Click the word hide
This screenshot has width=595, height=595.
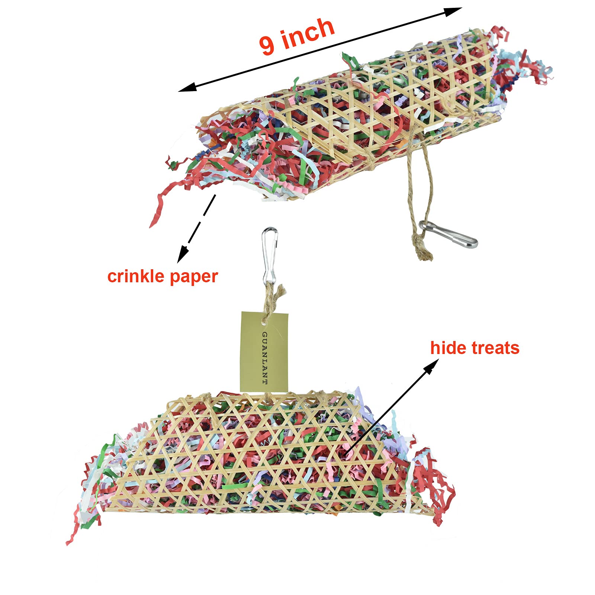coord(448,348)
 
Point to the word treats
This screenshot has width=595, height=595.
coord(496,348)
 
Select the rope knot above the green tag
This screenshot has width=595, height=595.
coord(276,294)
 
